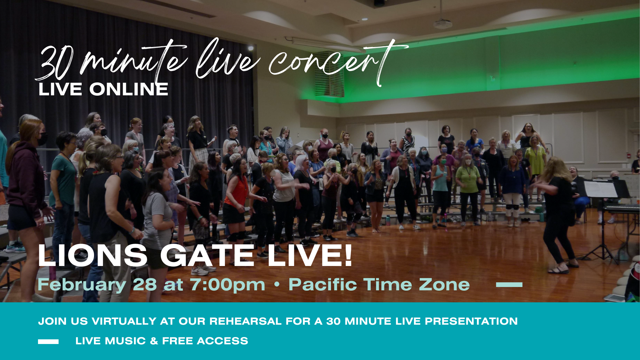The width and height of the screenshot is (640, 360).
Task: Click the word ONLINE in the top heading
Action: pos(129,89)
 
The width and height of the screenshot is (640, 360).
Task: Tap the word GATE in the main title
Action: pos(207,256)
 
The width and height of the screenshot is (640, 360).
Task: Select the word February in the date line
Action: pos(82,285)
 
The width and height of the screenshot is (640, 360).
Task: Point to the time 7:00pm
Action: pos(228,285)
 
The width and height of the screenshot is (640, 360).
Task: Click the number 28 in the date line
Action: pos(145,285)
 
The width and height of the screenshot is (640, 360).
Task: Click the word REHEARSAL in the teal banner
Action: pos(245,321)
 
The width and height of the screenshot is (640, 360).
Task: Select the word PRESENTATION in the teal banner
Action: pos(471,321)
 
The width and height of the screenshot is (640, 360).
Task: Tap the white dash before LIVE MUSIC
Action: pos(48,342)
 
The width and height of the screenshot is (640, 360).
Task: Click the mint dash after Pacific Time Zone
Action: pos(509,285)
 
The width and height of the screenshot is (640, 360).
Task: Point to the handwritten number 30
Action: pos(55,63)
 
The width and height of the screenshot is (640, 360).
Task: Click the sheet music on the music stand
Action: pos(601,189)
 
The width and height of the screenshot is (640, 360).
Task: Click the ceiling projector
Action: pos(442,24)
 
